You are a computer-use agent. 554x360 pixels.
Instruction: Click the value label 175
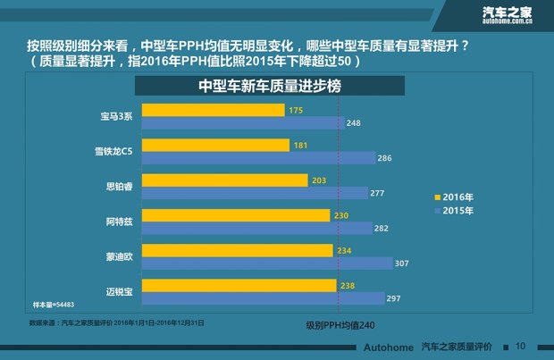297,110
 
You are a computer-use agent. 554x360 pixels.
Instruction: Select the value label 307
403,264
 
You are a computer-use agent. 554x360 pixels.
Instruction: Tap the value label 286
384,157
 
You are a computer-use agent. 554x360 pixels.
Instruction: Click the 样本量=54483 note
53,305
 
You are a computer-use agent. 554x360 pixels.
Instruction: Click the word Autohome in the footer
389,346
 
